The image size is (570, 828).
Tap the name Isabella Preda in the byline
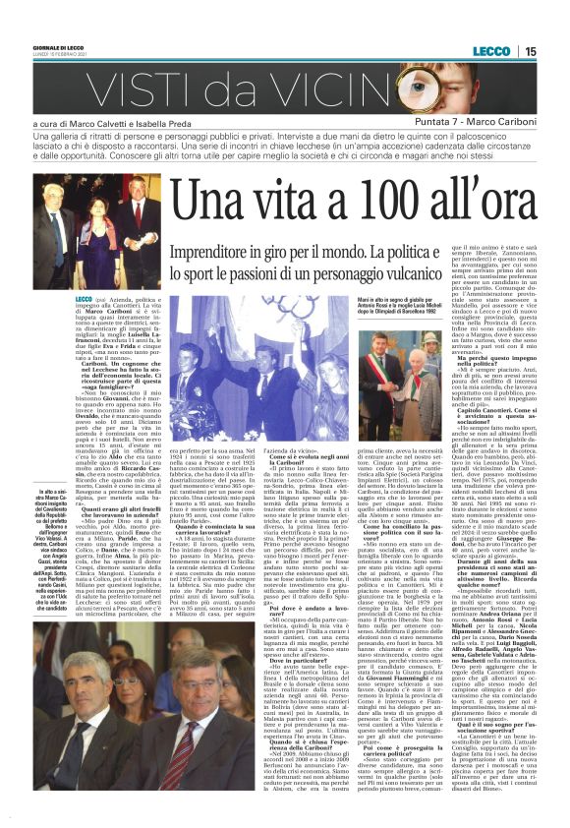pos(173,121)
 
